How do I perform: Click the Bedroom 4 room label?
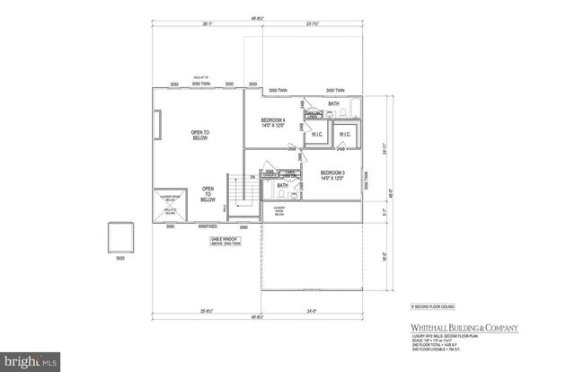pos(273,122)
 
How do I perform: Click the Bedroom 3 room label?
pos(332,174)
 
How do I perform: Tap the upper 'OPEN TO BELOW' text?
pos(199,135)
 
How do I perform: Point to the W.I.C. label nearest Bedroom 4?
pos(316,136)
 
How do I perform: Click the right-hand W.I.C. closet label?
pos(345,136)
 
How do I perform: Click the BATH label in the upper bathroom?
pos(333,104)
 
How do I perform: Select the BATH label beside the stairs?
pos(281,184)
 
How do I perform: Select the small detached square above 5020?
pos(121,238)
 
